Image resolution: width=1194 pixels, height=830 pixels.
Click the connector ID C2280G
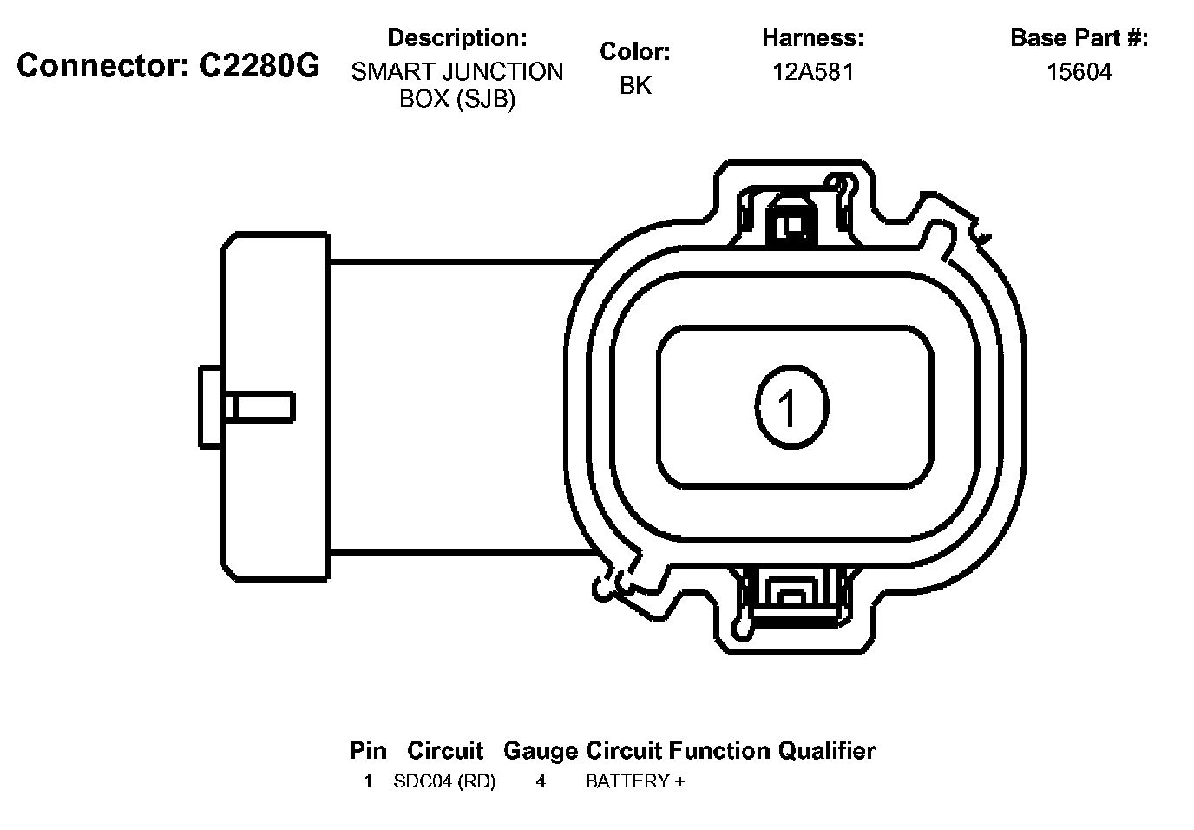(x=259, y=66)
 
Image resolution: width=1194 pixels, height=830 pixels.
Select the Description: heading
(x=456, y=38)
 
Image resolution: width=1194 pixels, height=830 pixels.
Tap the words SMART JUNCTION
(x=456, y=72)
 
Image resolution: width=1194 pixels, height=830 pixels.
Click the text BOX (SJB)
(x=456, y=99)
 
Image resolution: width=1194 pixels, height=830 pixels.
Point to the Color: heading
(x=634, y=52)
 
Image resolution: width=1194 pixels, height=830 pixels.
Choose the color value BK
(x=635, y=86)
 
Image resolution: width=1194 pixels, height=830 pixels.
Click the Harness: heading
(x=812, y=38)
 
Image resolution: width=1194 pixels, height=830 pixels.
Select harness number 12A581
(x=813, y=72)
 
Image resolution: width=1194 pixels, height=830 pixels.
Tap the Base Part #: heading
(x=1079, y=38)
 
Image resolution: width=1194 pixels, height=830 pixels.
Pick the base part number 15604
(x=1079, y=72)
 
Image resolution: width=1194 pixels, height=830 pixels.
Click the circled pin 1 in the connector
(x=791, y=407)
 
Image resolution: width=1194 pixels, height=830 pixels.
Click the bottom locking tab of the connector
(x=791, y=599)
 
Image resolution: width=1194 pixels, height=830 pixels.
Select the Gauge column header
(x=540, y=751)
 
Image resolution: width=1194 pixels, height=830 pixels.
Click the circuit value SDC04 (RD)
(x=444, y=781)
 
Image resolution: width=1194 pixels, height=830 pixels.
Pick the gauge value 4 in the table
(x=541, y=781)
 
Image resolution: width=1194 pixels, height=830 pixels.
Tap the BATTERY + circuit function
(x=634, y=781)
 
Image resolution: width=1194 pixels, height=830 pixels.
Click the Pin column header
(x=368, y=751)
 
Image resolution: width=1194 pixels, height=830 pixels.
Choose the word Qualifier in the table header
(x=826, y=751)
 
